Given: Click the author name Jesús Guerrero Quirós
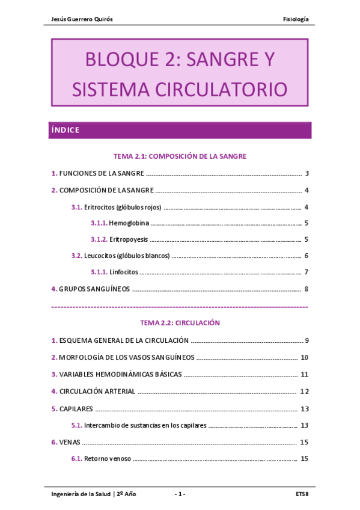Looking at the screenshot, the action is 82,19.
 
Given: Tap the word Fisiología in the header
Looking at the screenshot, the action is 296,19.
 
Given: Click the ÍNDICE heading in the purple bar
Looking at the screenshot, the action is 66,130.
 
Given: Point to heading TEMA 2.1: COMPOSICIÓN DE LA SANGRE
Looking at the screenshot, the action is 180,156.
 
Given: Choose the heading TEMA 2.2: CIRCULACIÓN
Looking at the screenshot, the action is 180,323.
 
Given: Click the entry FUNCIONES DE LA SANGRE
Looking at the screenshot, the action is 102,174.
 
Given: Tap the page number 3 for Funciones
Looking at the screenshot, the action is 307,174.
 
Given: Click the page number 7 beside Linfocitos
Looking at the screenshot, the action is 307,272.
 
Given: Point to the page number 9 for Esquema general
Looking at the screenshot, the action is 307,340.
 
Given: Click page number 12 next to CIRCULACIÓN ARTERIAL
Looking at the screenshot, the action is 304,392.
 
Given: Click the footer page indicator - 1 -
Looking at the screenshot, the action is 180,494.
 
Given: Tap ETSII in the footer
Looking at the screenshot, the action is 302,494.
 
